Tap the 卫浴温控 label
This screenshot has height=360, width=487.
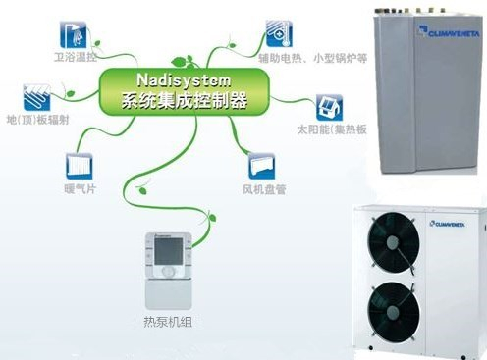(x=81, y=59)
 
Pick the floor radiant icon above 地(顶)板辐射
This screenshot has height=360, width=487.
(x=38, y=96)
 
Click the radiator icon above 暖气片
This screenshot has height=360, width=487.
(x=79, y=162)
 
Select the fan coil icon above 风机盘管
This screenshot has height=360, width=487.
(x=260, y=162)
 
